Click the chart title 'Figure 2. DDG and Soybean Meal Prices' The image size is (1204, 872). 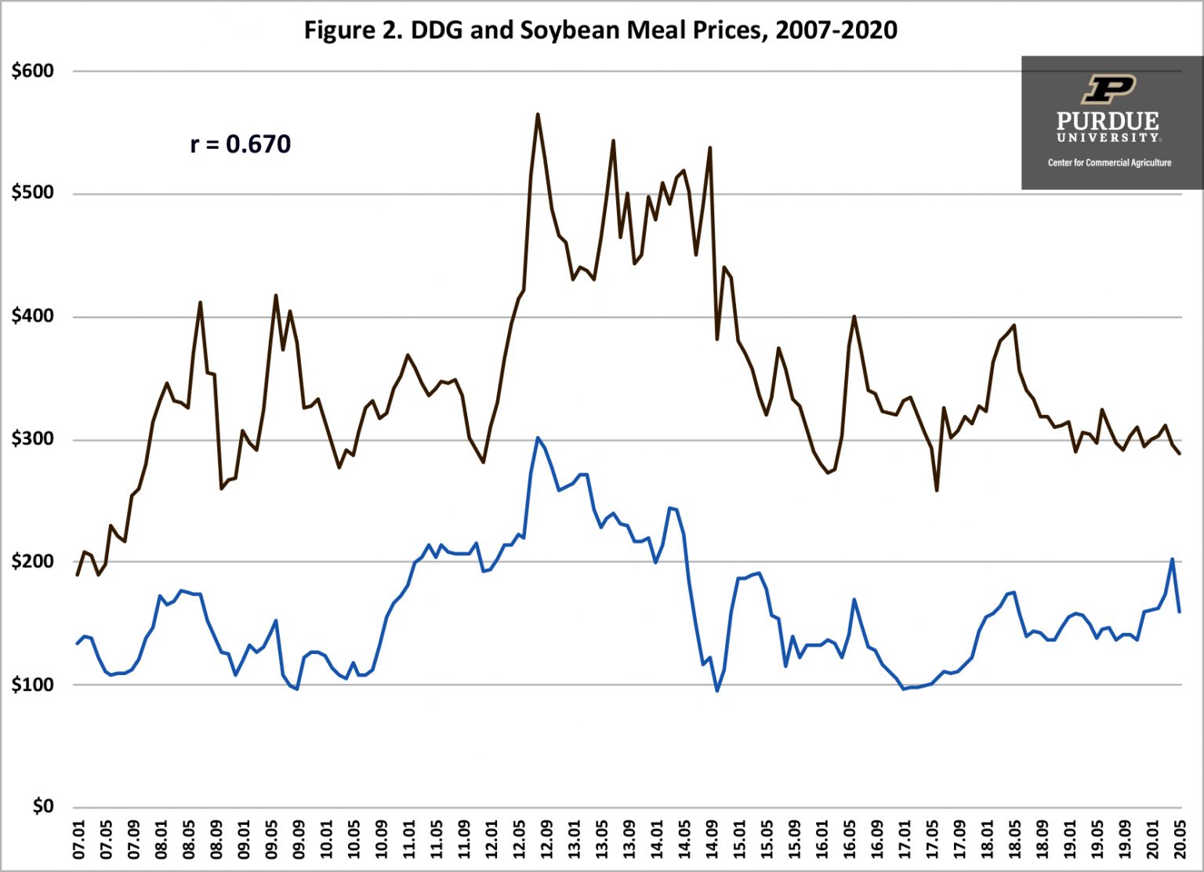600,30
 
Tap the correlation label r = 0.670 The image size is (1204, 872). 241,144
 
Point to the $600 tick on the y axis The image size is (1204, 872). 33,71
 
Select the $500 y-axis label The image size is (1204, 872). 33,193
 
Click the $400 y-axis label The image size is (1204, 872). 33,316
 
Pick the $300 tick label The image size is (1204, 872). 33,439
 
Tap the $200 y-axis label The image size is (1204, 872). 33,561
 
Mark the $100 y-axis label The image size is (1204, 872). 33,685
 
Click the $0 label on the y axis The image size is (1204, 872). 42,806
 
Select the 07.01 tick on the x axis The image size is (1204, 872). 78,839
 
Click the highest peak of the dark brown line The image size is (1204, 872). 538,114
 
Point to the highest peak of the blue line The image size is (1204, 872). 538,438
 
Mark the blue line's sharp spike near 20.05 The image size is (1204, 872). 1172,559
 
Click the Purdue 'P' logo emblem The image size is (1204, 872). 1108,89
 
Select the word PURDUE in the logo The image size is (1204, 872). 1108,121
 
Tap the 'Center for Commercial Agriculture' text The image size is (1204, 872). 1109,163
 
